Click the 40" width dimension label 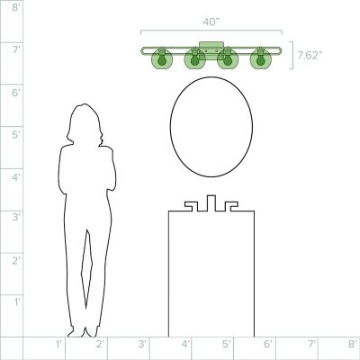tap(211, 22)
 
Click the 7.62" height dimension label tap(310, 56)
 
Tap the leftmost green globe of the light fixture tap(162, 58)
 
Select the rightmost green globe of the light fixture tap(260, 58)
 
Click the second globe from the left tap(194, 58)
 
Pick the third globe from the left tap(228, 58)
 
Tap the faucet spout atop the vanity tap(211, 203)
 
